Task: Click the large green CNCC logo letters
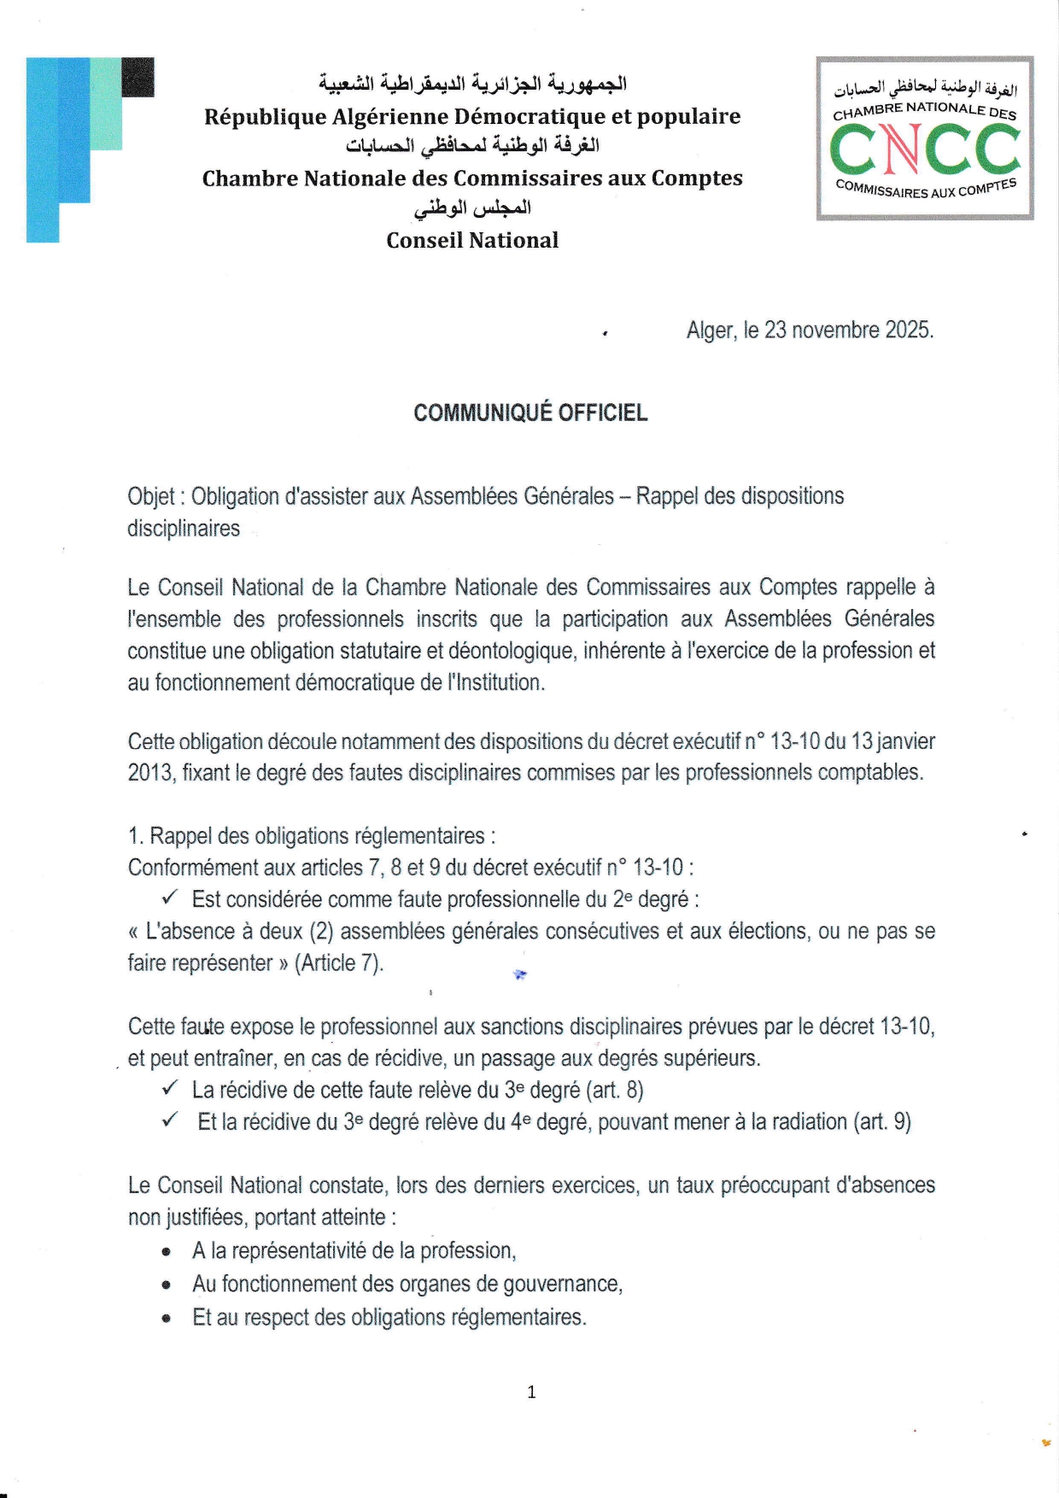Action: click(925, 149)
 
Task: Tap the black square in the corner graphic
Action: click(138, 77)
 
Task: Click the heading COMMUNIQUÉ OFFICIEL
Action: click(530, 413)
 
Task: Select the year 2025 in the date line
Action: click(908, 331)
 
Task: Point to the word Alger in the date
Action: click(710, 331)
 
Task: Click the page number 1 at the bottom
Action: click(531, 1392)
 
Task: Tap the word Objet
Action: click(150, 496)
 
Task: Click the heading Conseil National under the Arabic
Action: click(472, 240)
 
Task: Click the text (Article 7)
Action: click(339, 963)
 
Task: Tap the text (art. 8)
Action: click(615, 1090)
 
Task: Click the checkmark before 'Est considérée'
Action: click(169, 898)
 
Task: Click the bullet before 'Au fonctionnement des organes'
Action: click(167, 1284)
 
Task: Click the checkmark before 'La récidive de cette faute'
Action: click(169, 1088)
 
